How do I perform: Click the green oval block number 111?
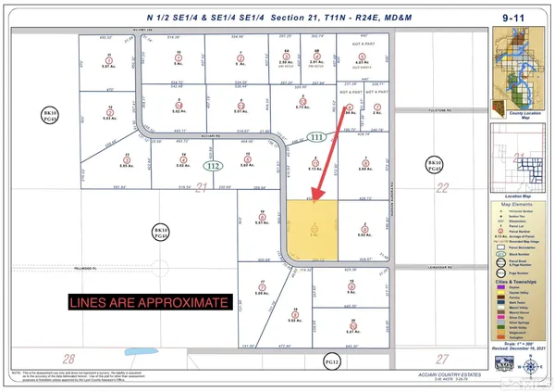[x=319, y=137]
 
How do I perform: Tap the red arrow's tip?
[x=313, y=201]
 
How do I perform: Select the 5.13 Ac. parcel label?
[x=314, y=171]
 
